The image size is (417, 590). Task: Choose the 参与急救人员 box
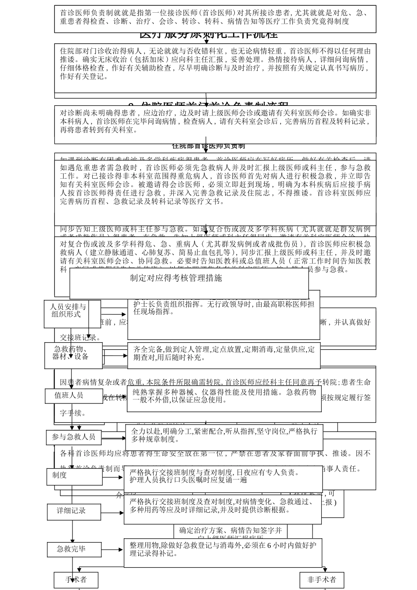tap(74, 437)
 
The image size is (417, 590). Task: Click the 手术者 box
tap(76, 580)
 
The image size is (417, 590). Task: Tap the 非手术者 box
tap(321, 580)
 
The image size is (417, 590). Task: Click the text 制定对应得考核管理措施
tap(176, 278)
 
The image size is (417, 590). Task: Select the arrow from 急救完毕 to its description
tap(112, 550)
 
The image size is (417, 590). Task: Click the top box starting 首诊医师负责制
tap(215, 18)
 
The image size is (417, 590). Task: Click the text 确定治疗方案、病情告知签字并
tap(230, 531)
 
